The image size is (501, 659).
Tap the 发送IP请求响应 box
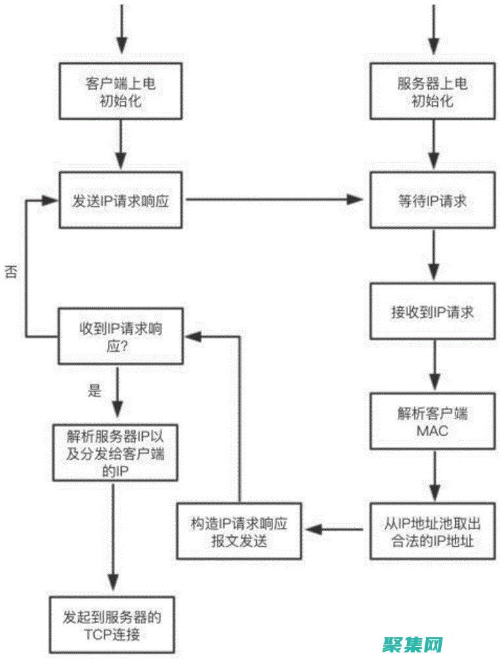[121, 200]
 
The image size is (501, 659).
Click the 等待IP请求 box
[433, 200]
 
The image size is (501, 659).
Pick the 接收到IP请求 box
[433, 312]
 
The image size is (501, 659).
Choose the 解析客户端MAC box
[433, 422]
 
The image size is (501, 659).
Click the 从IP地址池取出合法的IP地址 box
[433, 532]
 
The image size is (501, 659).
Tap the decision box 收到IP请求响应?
[121, 336]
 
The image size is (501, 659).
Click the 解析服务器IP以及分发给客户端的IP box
[116, 453]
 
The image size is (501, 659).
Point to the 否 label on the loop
[11, 272]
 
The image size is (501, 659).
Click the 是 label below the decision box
[95, 389]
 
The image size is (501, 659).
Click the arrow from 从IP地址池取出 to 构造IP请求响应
[332, 529]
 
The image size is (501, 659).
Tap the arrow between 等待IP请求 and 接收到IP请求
[433, 256]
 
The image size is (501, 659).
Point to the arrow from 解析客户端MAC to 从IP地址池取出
[433, 477]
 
